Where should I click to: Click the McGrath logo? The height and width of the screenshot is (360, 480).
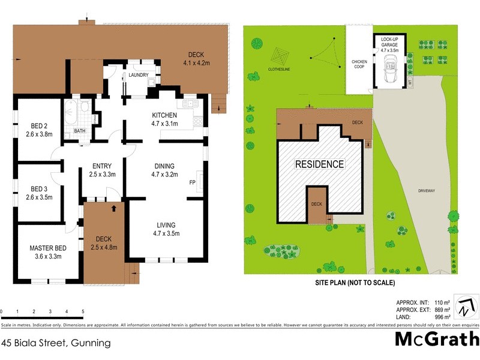[436, 339]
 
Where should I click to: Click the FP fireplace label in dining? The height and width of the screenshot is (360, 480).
[193, 182]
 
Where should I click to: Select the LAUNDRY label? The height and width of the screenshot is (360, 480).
[138, 76]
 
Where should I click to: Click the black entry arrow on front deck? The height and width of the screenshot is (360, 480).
[114, 209]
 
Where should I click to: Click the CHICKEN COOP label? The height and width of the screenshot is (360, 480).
[359, 64]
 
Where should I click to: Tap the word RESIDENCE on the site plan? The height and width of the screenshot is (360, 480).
[319, 164]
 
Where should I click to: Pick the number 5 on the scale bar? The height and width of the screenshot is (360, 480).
[82, 311]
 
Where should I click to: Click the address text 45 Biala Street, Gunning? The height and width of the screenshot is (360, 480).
[56, 344]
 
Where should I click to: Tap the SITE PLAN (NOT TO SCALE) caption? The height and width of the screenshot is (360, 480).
[355, 283]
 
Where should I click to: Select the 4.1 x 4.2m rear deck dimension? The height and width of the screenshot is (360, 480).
[196, 61]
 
